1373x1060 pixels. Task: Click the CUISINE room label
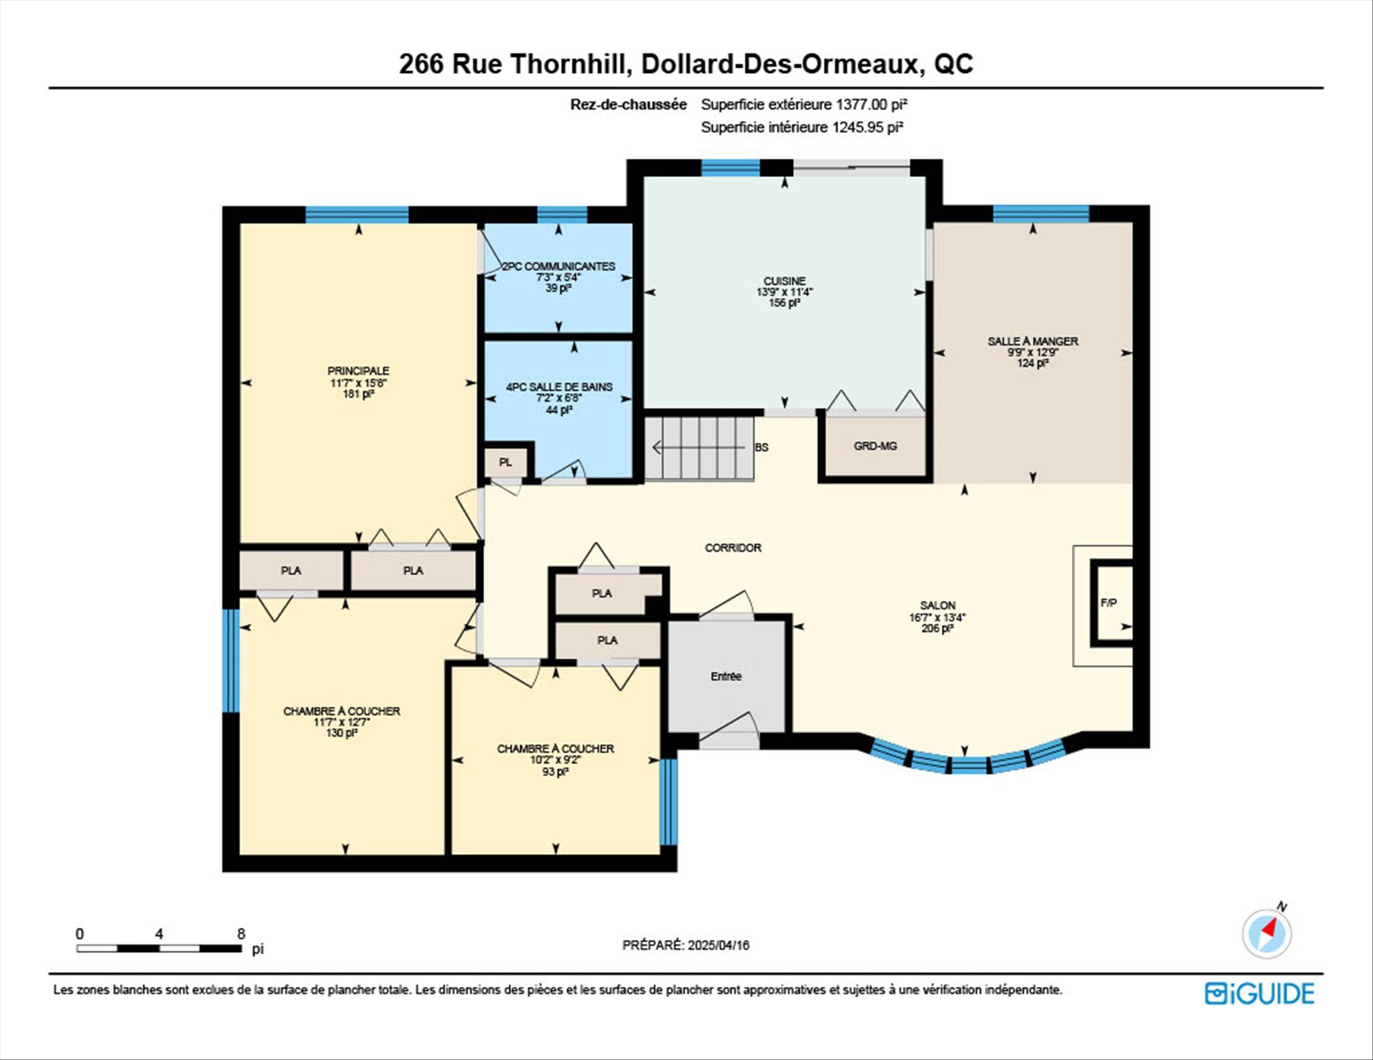784,281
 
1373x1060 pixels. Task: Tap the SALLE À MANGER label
1033,342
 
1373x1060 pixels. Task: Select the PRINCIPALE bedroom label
358,371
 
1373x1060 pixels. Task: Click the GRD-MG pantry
875,446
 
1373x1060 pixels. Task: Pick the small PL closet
506,462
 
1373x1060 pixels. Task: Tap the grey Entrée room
727,676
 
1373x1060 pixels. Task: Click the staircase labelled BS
699,447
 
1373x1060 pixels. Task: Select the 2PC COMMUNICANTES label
558,266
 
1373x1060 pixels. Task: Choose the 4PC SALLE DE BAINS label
559,387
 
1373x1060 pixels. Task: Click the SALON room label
938,605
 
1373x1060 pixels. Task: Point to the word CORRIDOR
733,548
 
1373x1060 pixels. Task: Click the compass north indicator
1267,932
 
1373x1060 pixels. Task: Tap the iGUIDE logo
1259,994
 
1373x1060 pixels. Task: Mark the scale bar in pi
159,948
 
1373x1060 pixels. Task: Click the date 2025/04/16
719,945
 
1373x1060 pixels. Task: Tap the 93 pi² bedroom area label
555,772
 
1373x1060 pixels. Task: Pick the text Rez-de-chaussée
629,104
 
